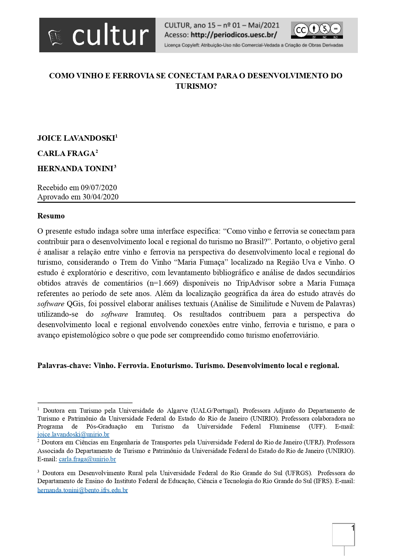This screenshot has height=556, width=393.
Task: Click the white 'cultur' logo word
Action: tap(110, 35)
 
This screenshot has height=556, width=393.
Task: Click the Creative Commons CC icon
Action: tap(301, 30)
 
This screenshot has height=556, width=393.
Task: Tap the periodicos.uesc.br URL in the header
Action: tap(234, 35)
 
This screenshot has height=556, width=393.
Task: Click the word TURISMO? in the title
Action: tap(196, 86)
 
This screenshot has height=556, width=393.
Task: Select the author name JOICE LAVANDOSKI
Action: tap(76, 138)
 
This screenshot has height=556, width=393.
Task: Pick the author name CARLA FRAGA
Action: tap(66, 153)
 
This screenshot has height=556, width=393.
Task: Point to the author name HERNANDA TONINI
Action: tap(75, 169)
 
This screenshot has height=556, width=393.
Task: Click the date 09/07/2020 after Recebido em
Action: tap(99, 187)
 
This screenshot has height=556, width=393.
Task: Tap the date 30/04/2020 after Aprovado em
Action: tap(100, 197)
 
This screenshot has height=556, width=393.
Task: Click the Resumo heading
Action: tap(51, 216)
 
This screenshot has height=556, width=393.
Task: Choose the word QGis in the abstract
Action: tap(75, 304)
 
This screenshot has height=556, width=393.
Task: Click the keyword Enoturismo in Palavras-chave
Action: tap(171, 365)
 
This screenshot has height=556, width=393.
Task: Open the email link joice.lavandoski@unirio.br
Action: tap(73, 434)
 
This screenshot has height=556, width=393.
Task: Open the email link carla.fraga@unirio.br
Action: tap(87, 459)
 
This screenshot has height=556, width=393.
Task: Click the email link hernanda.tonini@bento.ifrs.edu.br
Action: tap(83, 490)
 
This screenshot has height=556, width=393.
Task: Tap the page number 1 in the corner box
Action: tap(352, 528)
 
